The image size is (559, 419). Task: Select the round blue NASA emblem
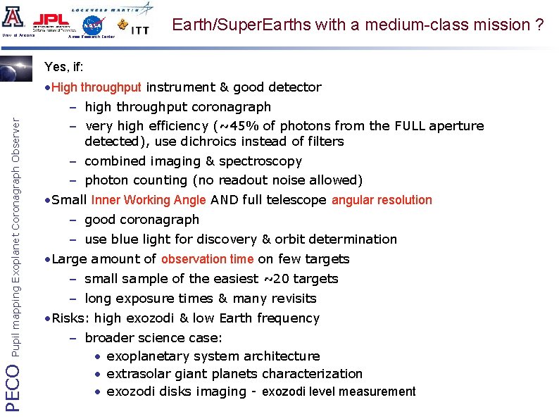pos(92,25)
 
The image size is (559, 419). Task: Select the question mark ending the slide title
pos(539,25)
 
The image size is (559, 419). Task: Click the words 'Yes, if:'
pos(64,68)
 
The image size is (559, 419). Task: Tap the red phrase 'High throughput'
pos(96,88)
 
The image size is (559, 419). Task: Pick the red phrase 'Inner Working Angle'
pos(149,200)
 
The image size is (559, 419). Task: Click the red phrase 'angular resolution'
pos(382,200)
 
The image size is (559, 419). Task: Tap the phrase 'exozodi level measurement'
pos(339,392)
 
